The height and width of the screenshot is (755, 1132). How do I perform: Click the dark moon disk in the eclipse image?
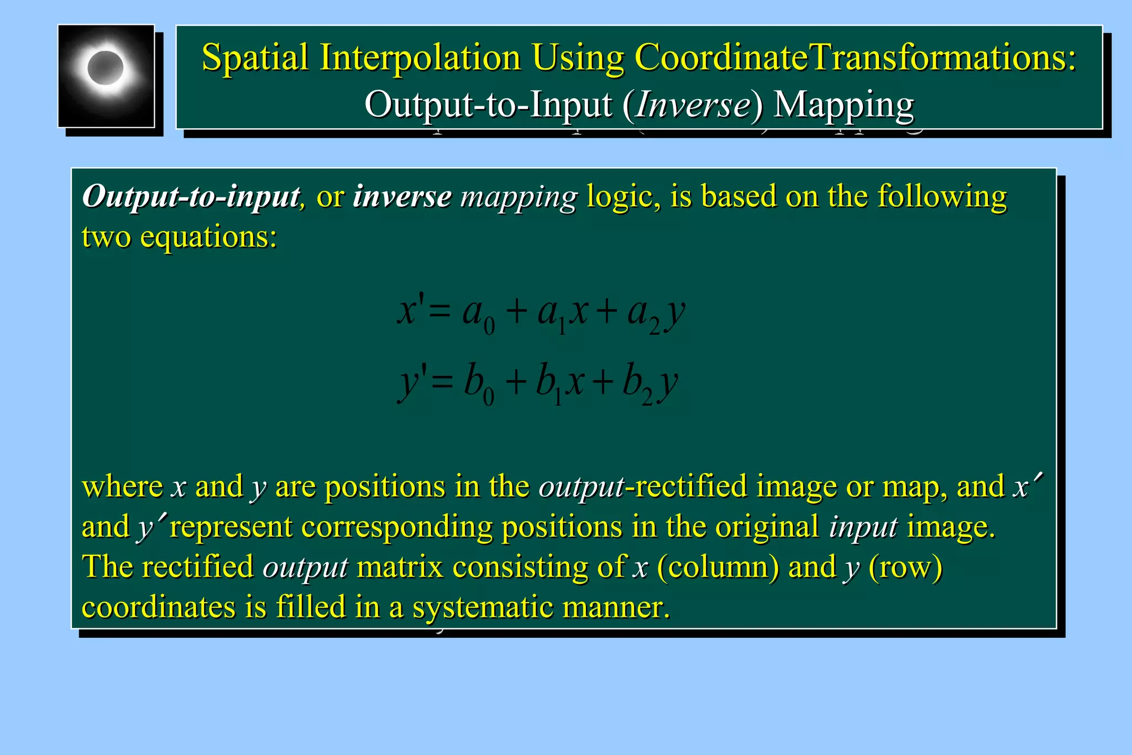[x=105, y=67]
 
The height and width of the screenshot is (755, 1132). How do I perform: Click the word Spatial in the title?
[x=255, y=57]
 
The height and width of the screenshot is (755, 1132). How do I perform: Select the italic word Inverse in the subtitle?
[x=693, y=104]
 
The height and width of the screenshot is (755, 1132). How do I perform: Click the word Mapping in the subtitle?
[x=843, y=104]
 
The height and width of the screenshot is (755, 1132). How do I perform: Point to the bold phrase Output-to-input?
[x=191, y=196]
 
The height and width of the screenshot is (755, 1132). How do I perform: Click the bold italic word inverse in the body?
[x=402, y=196]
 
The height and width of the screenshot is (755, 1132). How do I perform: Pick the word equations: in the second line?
[x=208, y=237]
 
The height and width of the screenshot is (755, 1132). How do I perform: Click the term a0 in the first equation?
[x=478, y=314]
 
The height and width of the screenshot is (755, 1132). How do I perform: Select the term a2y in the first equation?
[x=656, y=314]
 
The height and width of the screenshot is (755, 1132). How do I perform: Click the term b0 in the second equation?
[x=479, y=384]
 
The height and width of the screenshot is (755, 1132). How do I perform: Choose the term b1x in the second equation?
[x=559, y=384]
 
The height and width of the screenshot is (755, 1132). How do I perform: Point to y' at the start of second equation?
[x=412, y=384]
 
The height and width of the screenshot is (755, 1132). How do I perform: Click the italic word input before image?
[x=863, y=527]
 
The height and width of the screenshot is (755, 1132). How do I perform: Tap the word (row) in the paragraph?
[x=905, y=567]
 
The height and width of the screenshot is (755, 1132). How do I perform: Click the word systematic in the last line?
[x=483, y=607]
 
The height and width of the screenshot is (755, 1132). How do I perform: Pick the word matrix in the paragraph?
[x=400, y=567]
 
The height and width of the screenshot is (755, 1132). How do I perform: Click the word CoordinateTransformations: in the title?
[x=856, y=57]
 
